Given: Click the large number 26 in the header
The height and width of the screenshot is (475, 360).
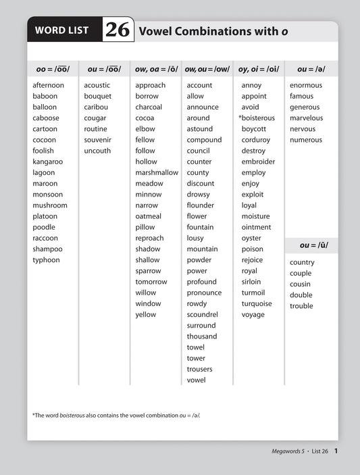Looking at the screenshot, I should coord(117,30).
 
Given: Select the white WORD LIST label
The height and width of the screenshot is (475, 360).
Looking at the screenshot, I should coord(64,30).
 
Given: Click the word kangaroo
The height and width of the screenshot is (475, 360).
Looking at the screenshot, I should coord(47,161).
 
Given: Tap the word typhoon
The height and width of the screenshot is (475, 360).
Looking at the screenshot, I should coord(46,259).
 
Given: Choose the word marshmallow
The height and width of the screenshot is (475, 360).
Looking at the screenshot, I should coord(156,172).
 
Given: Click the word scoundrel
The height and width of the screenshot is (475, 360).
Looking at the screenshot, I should coord(202,314).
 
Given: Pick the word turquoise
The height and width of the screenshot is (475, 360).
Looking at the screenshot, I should coord(257,303).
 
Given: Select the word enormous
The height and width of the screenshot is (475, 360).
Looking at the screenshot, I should coord(306,85).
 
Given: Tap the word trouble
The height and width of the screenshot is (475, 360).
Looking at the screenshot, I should coord(301,306).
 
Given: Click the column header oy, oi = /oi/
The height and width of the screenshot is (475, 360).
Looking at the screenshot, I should coord(259,69).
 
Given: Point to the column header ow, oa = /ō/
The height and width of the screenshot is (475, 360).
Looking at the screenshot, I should coord(155,69).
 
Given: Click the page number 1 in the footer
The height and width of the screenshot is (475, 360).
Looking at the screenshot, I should coord(336,451).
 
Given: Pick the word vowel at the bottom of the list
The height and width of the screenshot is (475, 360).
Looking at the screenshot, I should coord(196,380).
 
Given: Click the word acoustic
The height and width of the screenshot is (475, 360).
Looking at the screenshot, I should coord(97,85).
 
